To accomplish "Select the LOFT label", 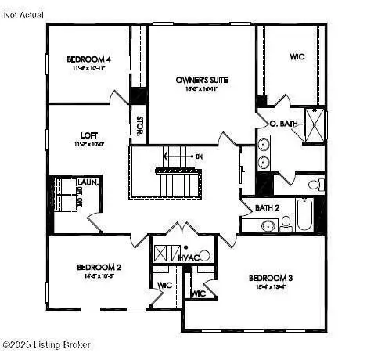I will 88,135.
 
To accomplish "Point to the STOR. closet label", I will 139,126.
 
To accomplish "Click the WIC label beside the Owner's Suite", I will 297,56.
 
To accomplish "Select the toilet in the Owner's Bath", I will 315,185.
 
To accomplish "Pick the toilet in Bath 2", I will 286,223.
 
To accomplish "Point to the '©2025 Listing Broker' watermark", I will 47,344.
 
